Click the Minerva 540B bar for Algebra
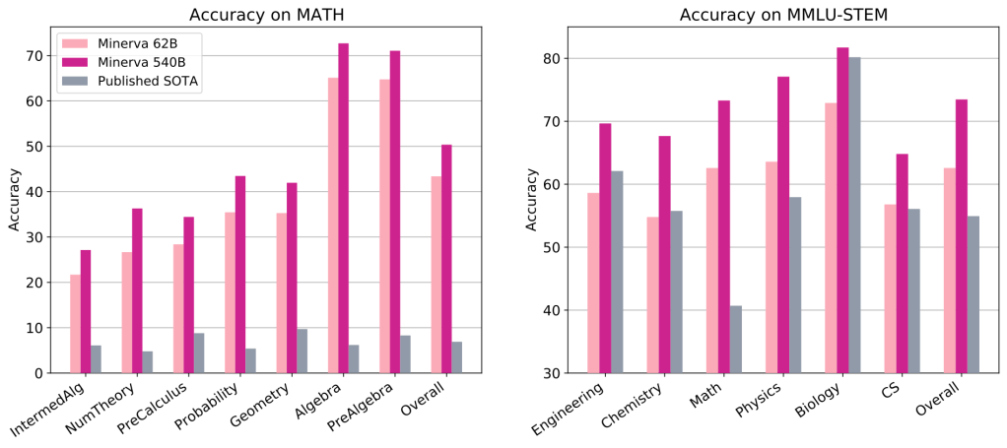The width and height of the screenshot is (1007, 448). point(343,208)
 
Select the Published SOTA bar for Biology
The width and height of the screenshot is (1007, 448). point(854,215)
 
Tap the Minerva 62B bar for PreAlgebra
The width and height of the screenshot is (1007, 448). point(384,225)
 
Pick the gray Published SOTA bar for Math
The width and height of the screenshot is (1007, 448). point(736,339)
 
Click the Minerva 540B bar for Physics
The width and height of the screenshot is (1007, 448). point(783,224)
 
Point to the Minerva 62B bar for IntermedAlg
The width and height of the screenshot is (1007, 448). point(75,323)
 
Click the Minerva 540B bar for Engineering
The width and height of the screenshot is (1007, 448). point(605,248)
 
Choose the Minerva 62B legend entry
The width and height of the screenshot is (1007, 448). point(128,43)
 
